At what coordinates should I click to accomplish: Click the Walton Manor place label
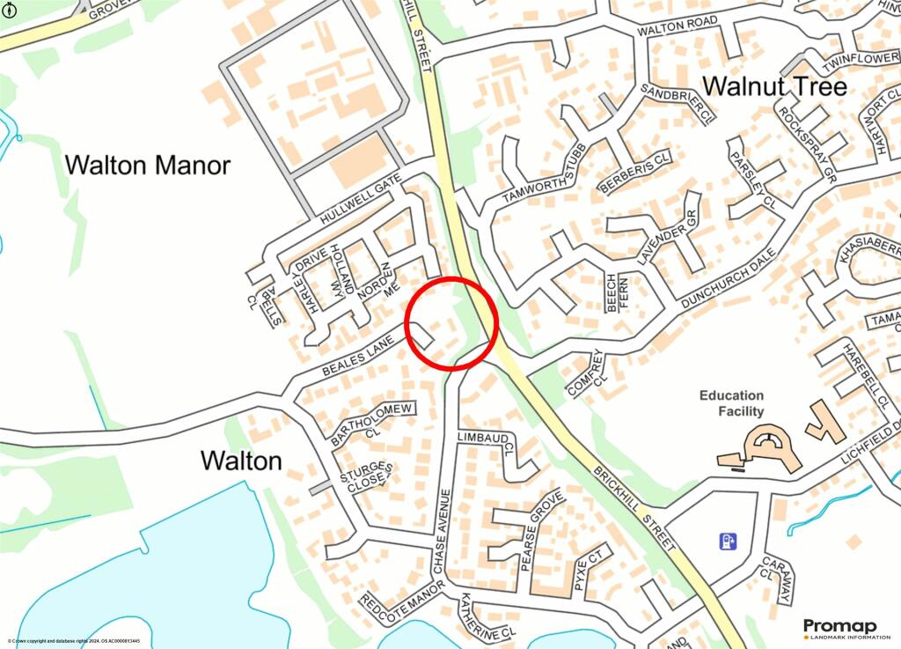point(148,165)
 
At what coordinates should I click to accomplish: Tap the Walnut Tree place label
point(775,86)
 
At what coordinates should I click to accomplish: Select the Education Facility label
point(731,403)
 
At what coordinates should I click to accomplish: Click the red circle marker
point(452,323)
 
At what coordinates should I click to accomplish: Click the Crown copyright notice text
point(74,641)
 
